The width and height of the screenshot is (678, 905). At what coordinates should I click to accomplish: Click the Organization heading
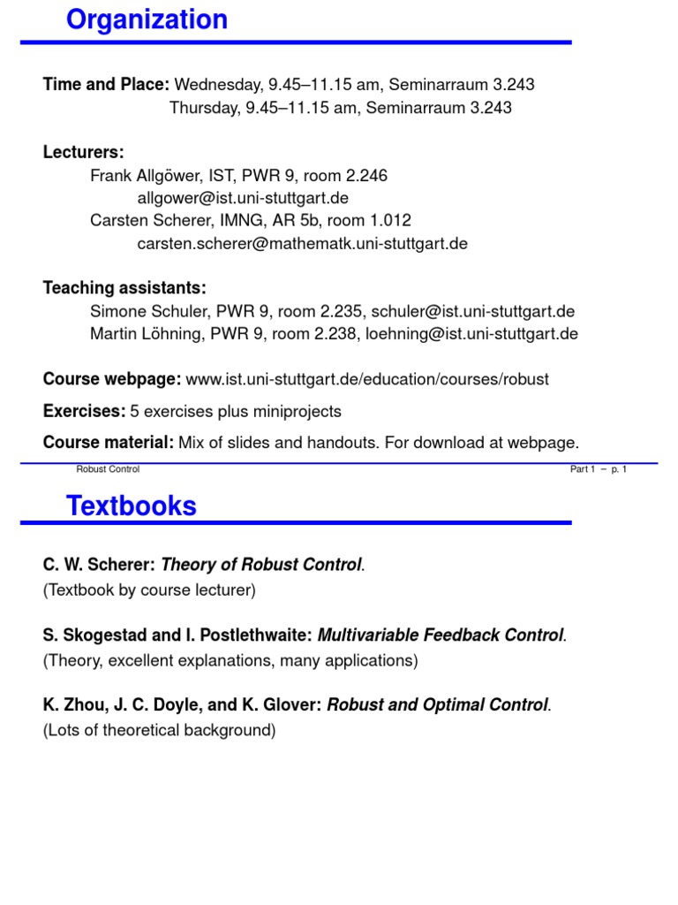click(x=147, y=19)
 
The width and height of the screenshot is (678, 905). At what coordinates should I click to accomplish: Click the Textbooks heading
click(x=132, y=506)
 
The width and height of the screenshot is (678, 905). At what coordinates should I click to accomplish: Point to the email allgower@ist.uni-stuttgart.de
click(x=237, y=198)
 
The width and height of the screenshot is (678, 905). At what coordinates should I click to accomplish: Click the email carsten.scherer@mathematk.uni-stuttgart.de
click(x=302, y=243)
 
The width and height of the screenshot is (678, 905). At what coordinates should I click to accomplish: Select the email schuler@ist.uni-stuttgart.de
click(x=473, y=311)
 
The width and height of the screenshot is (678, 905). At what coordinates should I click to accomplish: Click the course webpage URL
click(x=367, y=379)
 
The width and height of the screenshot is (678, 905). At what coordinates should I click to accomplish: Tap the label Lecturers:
click(x=84, y=152)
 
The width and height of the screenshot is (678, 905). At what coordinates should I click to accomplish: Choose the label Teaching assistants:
click(x=124, y=288)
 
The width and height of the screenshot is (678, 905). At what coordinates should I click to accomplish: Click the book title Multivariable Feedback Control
click(x=440, y=635)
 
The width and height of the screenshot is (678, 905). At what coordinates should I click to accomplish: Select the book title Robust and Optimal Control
click(x=438, y=704)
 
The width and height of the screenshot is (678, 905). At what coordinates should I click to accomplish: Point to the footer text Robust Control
click(x=108, y=469)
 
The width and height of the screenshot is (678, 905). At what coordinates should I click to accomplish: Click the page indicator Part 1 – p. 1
click(x=598, y=469)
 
